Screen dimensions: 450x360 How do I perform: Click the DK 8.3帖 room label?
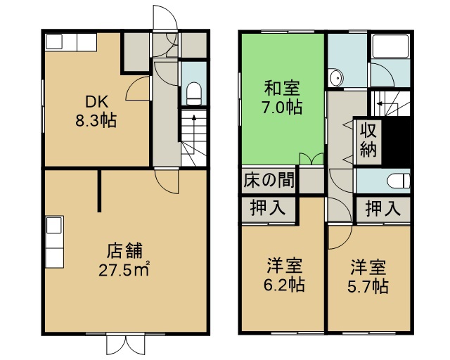pos(96,111)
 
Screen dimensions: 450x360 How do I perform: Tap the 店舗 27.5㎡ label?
pos(124,260)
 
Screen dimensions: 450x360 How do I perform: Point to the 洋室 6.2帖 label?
pos(284,275)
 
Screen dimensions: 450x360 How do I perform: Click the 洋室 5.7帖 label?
pos(368,276)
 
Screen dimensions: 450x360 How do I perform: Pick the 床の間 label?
pos(269,180)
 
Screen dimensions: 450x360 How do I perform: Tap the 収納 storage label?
pos(368,139)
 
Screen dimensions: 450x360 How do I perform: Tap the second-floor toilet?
pos(399,181)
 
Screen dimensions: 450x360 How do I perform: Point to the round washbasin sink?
pos(336,77)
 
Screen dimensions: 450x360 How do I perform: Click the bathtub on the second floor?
pos(390,46)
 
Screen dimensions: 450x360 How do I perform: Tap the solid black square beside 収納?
pos(397,142)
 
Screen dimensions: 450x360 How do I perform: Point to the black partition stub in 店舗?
pos(99,191)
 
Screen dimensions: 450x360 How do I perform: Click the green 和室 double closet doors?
pos(311,159)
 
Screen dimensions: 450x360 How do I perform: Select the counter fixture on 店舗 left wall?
pos(54,242)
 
